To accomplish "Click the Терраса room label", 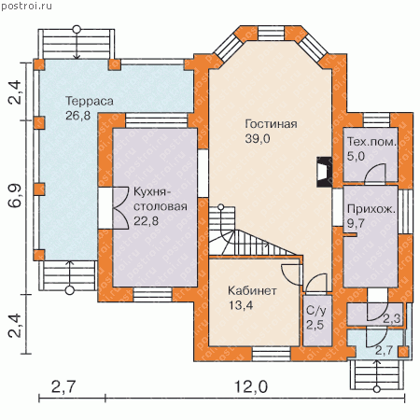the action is coord(90,102).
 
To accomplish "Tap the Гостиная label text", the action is coord(271,124).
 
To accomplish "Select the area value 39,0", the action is coord(258,139).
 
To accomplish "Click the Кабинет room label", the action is coord(252,291).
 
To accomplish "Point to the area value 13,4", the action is coord(241,305).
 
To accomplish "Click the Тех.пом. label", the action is coord(371,142).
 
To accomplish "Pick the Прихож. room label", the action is coord(371,209).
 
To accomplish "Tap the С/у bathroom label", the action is coord(316,311).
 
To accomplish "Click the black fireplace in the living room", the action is coord(324,172).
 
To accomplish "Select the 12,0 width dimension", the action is coord(251,387).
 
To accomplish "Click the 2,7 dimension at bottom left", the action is coord(63,387).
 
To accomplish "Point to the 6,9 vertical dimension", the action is coord(15,196).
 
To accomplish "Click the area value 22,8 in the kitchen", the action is coord(146,221).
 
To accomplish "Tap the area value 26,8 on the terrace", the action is coord(77,116).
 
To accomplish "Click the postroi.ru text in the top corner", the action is coord(27,6).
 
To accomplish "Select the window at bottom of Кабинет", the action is coord(272,354).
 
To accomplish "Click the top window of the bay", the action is coord(271,33).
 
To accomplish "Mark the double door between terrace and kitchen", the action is coord(114,208).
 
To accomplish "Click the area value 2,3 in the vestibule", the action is coord(391,318).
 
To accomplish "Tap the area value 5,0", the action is coord(356,156).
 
